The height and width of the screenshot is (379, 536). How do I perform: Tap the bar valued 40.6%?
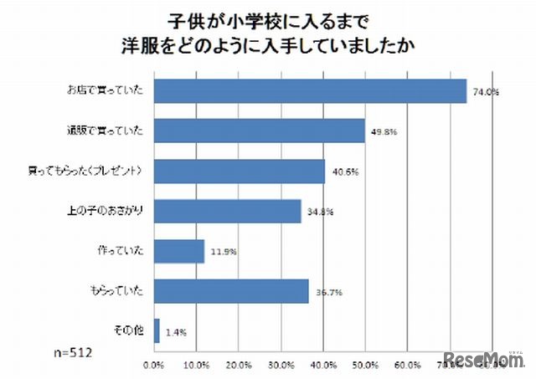click(x=240, y=171)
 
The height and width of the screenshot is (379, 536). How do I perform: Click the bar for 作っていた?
click(x=179, y=251)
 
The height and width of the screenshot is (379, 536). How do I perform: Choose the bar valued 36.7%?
click(x=232, y=291)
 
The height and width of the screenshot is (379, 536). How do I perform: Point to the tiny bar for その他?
click(x=157, y=331)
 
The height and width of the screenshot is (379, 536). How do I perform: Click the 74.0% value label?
click(x=486, y=94)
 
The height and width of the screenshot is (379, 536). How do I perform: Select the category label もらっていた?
click(x=117, y=291)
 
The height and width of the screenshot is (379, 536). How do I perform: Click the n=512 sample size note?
click(x=73, y=352)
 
